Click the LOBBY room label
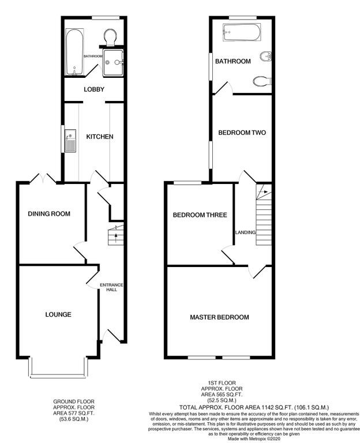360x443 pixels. click(94, 89)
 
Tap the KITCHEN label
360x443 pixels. click(100, 137)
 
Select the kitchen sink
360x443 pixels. click(70, 141)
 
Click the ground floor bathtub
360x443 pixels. click(74, 52)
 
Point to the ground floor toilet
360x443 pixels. click(110, 37)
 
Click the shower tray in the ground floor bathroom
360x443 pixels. click(113, 63)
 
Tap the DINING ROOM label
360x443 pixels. click(49, 214)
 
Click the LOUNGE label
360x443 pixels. click(58, 314)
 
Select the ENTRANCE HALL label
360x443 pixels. click(111, 287)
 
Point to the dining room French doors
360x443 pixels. click(43, 179)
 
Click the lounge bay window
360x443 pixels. click(58, 368)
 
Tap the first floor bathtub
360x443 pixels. click(242, 32)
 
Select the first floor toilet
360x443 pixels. click(262, 81)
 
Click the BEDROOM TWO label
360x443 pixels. click(242, 133)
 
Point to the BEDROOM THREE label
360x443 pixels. click(200, 215)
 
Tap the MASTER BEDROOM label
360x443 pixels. click(220, 317)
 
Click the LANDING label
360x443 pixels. click(246, 232)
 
